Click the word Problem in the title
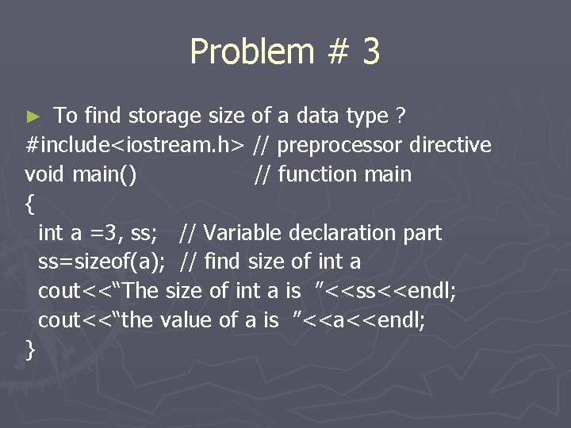[251, 52]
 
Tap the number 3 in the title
[370, 52]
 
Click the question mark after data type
[400, 116]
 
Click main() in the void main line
[104, 174]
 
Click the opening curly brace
[30, 204]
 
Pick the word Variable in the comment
[243, 233]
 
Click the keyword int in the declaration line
[50, 233]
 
